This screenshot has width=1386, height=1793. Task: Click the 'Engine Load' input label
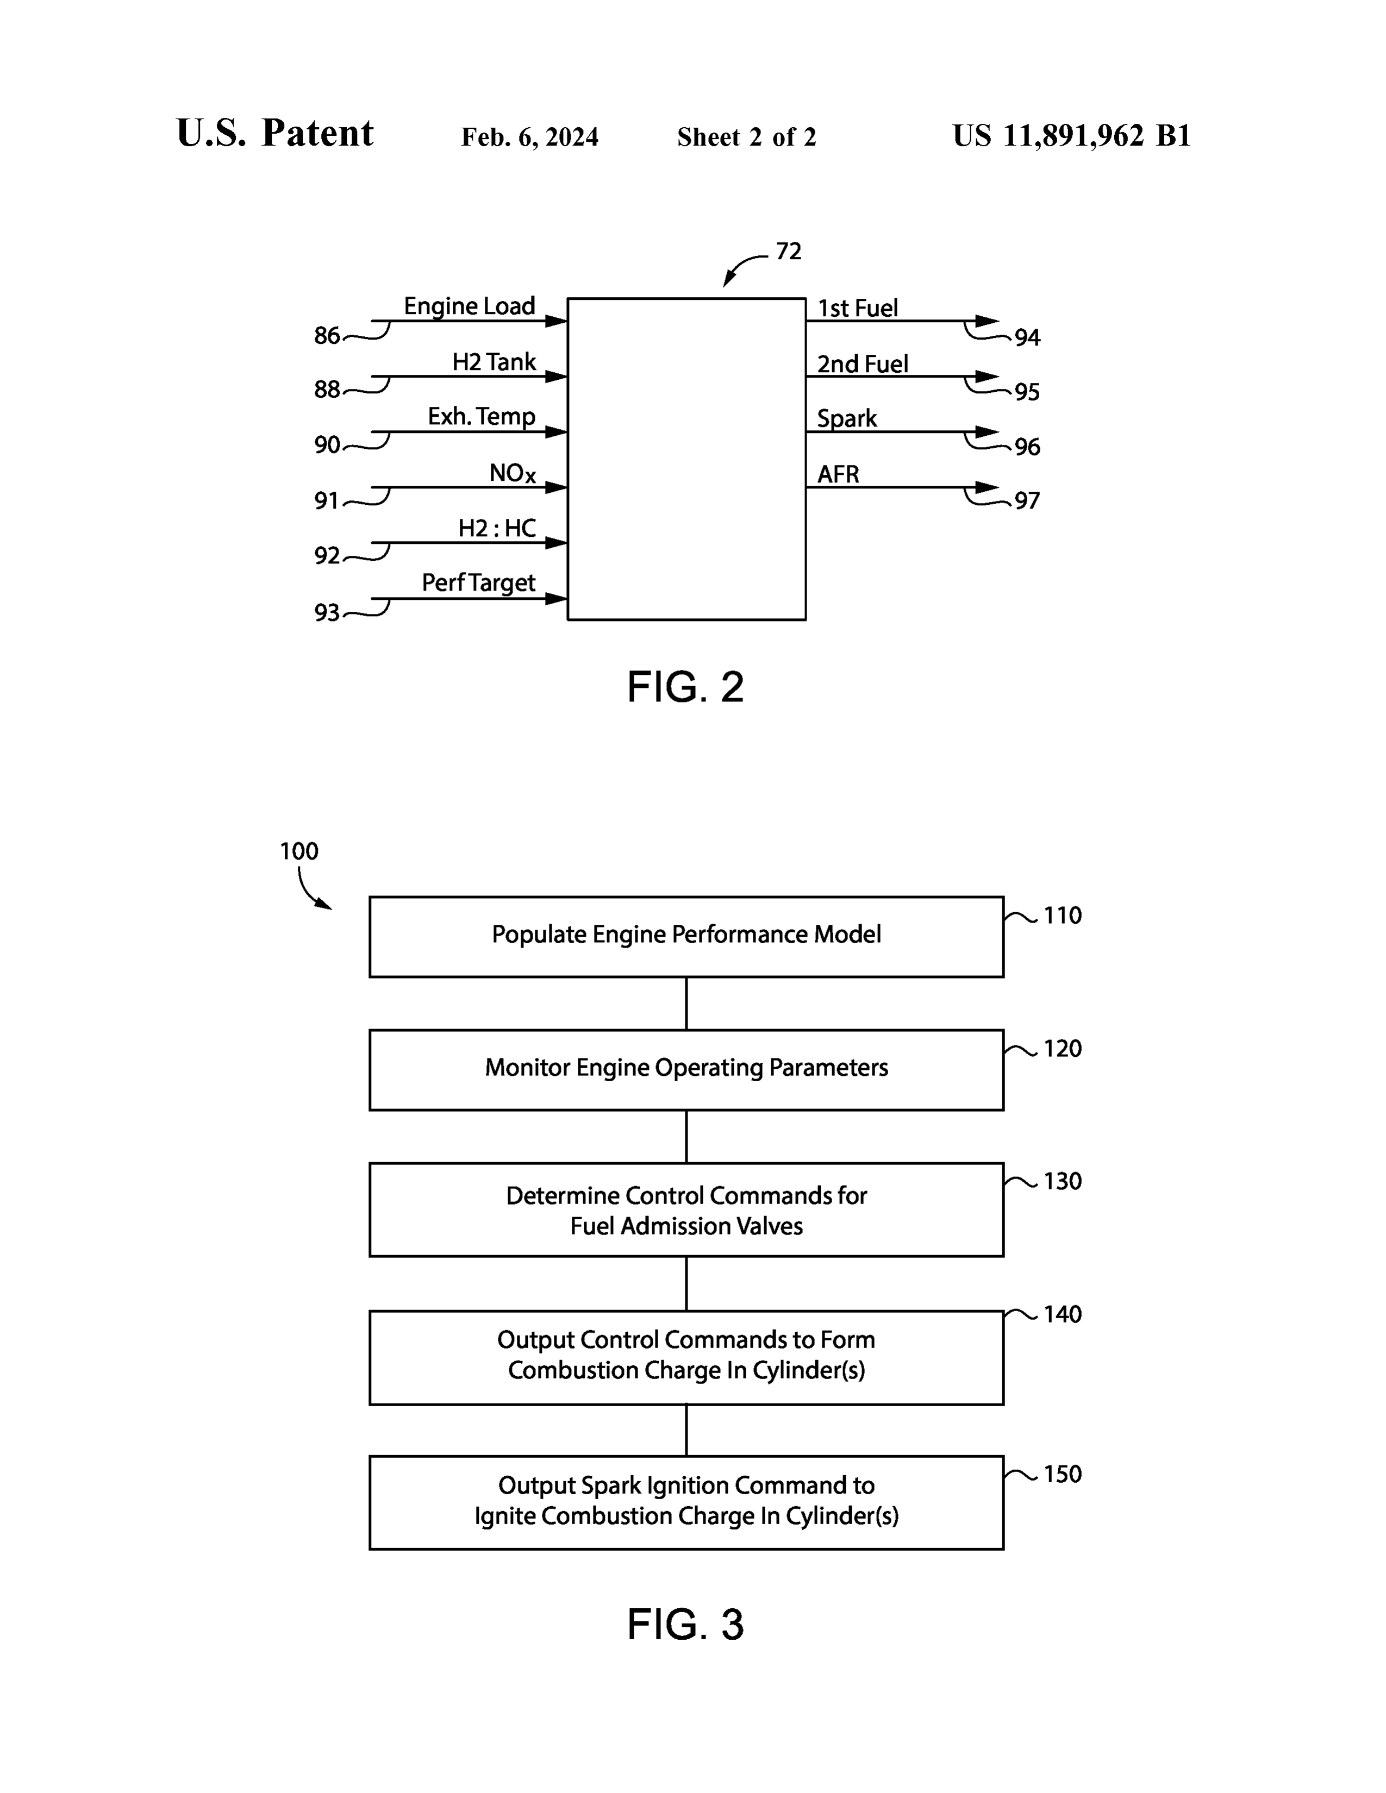pyautogui.click(x=469, y=306)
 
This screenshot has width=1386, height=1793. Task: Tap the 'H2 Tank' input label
pyautogui.click(x=494, y=362)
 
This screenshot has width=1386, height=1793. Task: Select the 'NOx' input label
pyautogui.click(x=513, y=474)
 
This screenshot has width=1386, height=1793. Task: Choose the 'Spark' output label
pyautogui.click(x=846, y=419)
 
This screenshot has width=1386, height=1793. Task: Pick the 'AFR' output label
pyautogui.click(x=838, y=474)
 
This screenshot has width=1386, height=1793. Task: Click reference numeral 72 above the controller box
pyautogui.click(x=788, y=251)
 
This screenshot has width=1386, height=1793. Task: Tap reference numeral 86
pyautogui.click(x=327, y=336)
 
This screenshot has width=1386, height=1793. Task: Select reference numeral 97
pyautogui.click(x=1027, y=501)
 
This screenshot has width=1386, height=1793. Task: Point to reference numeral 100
pyautogui.click(x=299, y=851)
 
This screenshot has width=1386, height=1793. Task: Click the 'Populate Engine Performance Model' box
pyautogui.click(x=686, y=937)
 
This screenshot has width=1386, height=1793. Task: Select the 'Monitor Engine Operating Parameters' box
pyautogui.click(x=686, y=1070)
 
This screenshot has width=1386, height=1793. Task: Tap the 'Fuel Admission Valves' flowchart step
pyautogui.click(x=686, y=1209)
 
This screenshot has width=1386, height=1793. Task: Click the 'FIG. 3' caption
pyautogui.click(x=685, y=1624)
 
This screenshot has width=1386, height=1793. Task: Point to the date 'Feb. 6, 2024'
pyautogui.click(x=529, y=137)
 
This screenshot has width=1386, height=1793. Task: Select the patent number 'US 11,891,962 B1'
pyautogui.click(x=1071, y=135)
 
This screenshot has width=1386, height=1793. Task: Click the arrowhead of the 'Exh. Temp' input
pyautogui.click(x=556, y=432)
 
